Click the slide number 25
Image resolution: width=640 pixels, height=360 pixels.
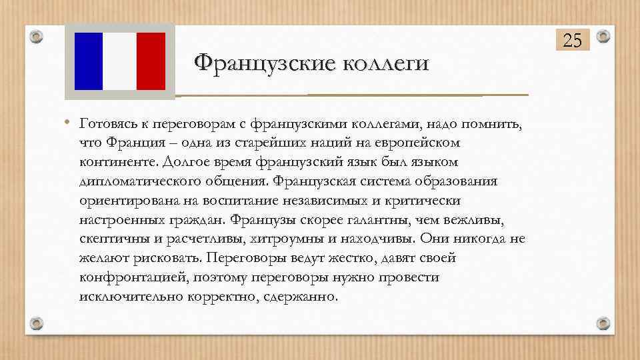click(x=573, y=41)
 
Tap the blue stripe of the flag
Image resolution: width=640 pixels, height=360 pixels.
click(x=88, y=61)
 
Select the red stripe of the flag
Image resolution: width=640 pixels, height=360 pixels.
click(x=150, y=61)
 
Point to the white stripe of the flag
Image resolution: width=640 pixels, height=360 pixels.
click(x=120, y=61)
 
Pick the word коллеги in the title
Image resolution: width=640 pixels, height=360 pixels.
click(x=385, y=65)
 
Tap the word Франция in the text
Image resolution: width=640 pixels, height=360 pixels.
click(x=135, y=143)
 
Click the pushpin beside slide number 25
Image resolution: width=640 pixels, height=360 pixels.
click(x=603, y=37)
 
